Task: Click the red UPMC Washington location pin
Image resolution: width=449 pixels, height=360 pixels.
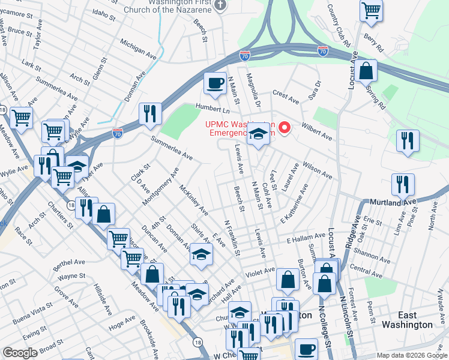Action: pyautogui.click(x=286, y=127)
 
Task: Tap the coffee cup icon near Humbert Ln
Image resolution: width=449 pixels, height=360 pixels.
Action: pyautogui.click(x=214, y=83)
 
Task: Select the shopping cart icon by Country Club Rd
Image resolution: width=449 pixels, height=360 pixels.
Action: pyautogui.click(x=371, y=10)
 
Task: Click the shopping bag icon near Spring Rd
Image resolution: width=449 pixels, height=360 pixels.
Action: pyautogui.click(x=366, y=71)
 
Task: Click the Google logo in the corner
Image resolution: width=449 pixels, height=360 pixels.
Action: pyautogui.click(x=20, y=353)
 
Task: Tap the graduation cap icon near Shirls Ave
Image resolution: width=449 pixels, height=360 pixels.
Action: pyautogui.click(x=202, y=254)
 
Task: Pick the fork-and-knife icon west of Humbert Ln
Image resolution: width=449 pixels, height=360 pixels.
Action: pyautogui.click(x=150, y=113)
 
